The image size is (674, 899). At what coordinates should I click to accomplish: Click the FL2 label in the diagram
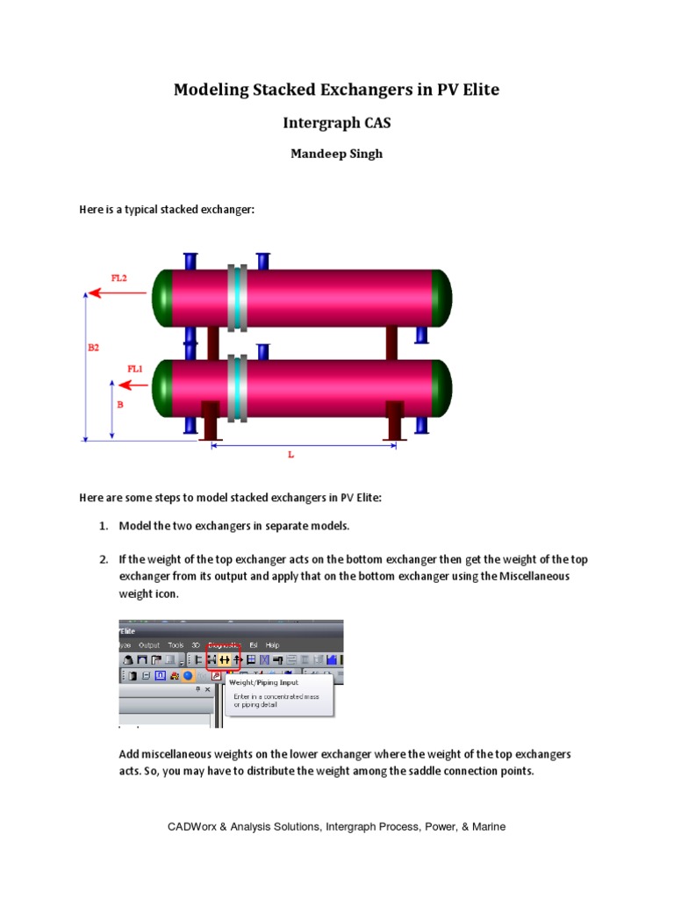tap(118, 277)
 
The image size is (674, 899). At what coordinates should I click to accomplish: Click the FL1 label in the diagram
tap(134, 369)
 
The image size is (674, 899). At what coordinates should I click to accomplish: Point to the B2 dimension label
tap(93, 348)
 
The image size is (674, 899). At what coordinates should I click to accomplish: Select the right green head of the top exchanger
tap(444, 299)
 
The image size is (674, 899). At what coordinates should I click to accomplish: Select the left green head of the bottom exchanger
tap(161, 388)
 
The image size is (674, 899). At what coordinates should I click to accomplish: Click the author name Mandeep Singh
tap(336, 154)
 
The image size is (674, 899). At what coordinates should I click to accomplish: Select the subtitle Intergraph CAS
tap(336, 123)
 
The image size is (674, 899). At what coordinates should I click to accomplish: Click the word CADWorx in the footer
tap(191, 827)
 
